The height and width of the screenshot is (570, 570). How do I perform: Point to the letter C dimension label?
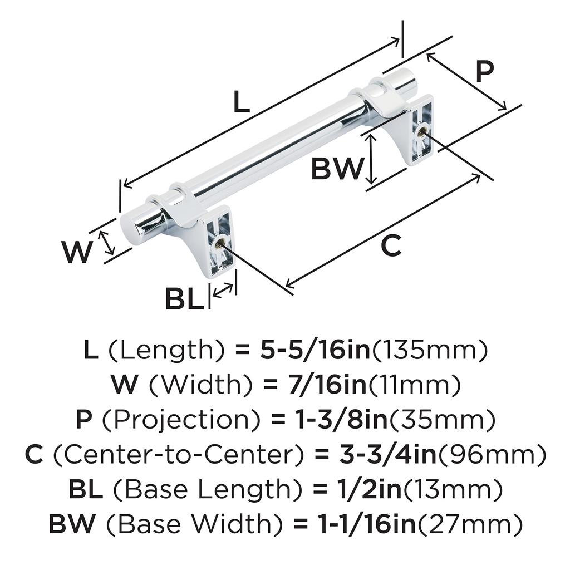click(391, 245)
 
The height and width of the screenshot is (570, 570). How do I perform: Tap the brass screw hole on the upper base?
click(421, 132)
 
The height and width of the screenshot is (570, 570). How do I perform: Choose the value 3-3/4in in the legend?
click(378, 455)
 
